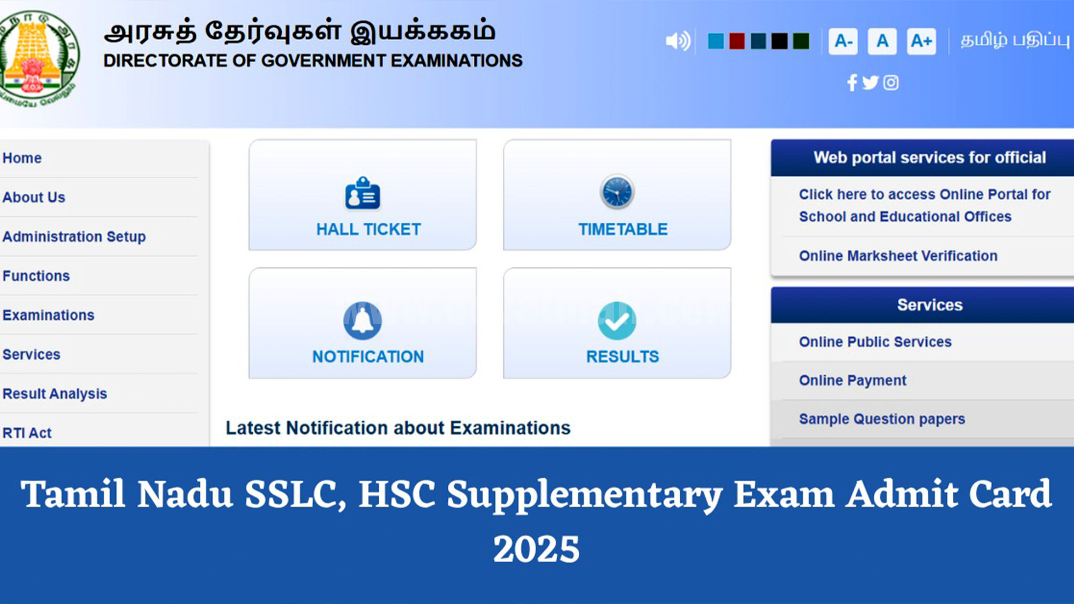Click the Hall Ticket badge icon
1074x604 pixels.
(x=362, y=193)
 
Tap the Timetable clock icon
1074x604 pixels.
(x=617, y=192)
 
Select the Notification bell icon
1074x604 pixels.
(x=362, y=320)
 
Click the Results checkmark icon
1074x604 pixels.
(x=617, y=321)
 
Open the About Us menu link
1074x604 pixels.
(x=34, y=197)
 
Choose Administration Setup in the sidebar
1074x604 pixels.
(x=74, y=237)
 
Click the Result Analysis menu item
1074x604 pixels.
(x=55, y=394)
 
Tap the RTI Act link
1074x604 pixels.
(x=27, y=433)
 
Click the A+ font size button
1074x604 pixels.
(x=921, y=41)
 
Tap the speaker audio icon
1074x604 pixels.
(x=678, y=41)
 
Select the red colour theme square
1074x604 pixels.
(x=737, y=41)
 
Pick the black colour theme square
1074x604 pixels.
(x=779, y=41)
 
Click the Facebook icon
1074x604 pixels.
(x=852, y=83)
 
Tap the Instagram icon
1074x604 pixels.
(x=891, y=83)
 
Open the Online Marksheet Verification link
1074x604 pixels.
(x=898, y=256)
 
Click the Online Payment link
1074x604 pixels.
(x=852, y=380)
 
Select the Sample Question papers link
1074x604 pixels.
(x=882, y=419)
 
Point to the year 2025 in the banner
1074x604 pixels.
(x=537, y=549)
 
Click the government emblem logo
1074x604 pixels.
(x=39, y=59)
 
